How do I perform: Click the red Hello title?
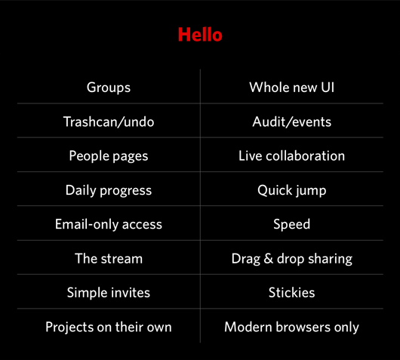pos(200,35)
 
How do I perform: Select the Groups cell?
pos(109,88)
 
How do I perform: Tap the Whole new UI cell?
pos(291,88)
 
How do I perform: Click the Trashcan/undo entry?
pos(109,122)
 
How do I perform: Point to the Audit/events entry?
pos(291,122)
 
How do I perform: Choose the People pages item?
pos(109,156)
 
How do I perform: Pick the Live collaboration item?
pos(291,155)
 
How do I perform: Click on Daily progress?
pos(109,191)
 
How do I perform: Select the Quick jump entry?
pos(291,191)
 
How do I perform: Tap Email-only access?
pos(109,224)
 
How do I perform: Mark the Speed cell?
pos(291,225)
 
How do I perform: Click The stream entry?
pos(109,258)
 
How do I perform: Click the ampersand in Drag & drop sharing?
pos(269,258)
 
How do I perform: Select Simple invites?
pos(109,293)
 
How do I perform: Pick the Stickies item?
pos(291,292)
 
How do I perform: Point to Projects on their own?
pos(109,327)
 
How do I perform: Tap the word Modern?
pos(248,327)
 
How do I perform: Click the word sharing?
pos(330,259)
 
